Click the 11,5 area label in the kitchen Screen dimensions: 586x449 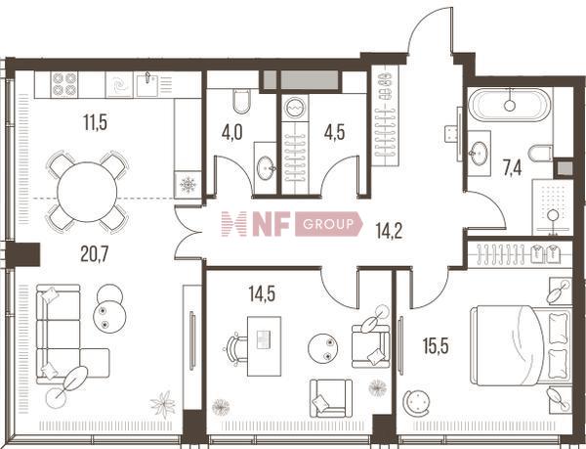point(96,122)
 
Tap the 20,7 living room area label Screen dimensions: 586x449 point(95,254)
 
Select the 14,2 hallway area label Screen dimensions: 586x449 point(389,231)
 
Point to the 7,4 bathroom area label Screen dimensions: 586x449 point(512,167)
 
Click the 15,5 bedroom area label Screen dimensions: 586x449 point(437,345)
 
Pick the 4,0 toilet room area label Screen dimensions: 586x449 point(231,132)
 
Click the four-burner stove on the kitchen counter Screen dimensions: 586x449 point(64,84)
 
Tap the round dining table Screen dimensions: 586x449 point(87,192)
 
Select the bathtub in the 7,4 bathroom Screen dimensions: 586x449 point(510,105)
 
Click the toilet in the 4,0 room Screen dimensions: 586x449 point(241,101)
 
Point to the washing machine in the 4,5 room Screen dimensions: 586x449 point(295,108)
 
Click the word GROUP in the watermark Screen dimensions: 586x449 point(328,224)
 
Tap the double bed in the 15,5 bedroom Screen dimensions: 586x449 point(521,345)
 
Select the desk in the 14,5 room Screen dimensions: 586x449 point(265,346)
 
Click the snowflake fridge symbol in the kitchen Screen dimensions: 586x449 point(188,185)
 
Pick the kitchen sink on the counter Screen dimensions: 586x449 point(146,85)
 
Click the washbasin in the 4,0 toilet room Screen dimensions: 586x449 point(266,168)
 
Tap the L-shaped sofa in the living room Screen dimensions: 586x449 point(67,333)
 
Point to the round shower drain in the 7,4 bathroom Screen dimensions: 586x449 point(553,215)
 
